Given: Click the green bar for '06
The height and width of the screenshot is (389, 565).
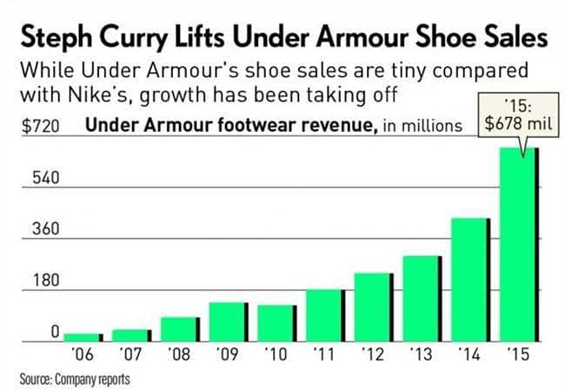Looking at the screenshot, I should pos(83,337).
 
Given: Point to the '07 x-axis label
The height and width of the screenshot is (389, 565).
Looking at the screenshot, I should pos(131,354).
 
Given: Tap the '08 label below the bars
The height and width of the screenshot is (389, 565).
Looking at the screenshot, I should pos(180,354).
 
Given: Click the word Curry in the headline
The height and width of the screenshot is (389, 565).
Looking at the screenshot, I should pos(165,38).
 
